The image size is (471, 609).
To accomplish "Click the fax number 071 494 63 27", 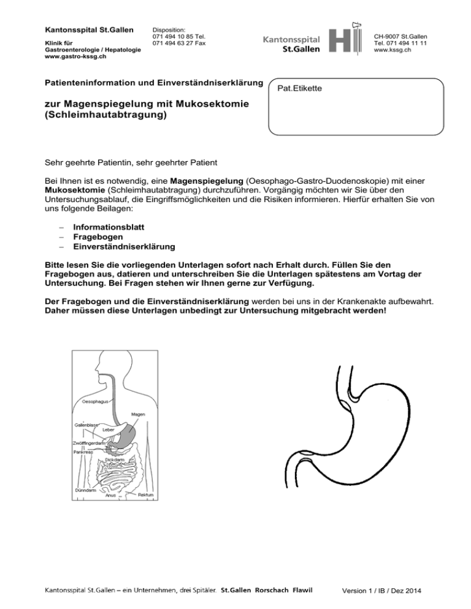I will [x=174, y=43].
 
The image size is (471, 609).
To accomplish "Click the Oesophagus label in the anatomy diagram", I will [x=95, y=402].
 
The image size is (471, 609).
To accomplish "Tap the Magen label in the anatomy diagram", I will [x=138, y=414].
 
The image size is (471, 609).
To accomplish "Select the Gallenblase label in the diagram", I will [x=86, y=423].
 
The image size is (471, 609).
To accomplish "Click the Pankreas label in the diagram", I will [x=83, y=452].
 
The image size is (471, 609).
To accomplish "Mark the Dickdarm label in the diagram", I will [x=116, y=458].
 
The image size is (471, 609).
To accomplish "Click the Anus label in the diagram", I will [x=110, y=495].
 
